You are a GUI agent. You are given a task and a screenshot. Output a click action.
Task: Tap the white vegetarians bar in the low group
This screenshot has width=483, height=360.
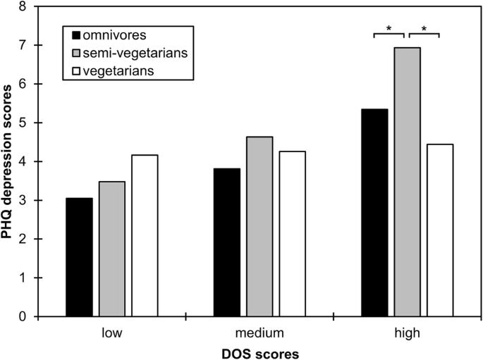tap(145, 235)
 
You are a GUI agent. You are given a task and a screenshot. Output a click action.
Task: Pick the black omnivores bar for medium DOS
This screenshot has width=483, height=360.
tap(226, 242)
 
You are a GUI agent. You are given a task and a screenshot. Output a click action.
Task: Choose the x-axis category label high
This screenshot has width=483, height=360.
tap(408, 331)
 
